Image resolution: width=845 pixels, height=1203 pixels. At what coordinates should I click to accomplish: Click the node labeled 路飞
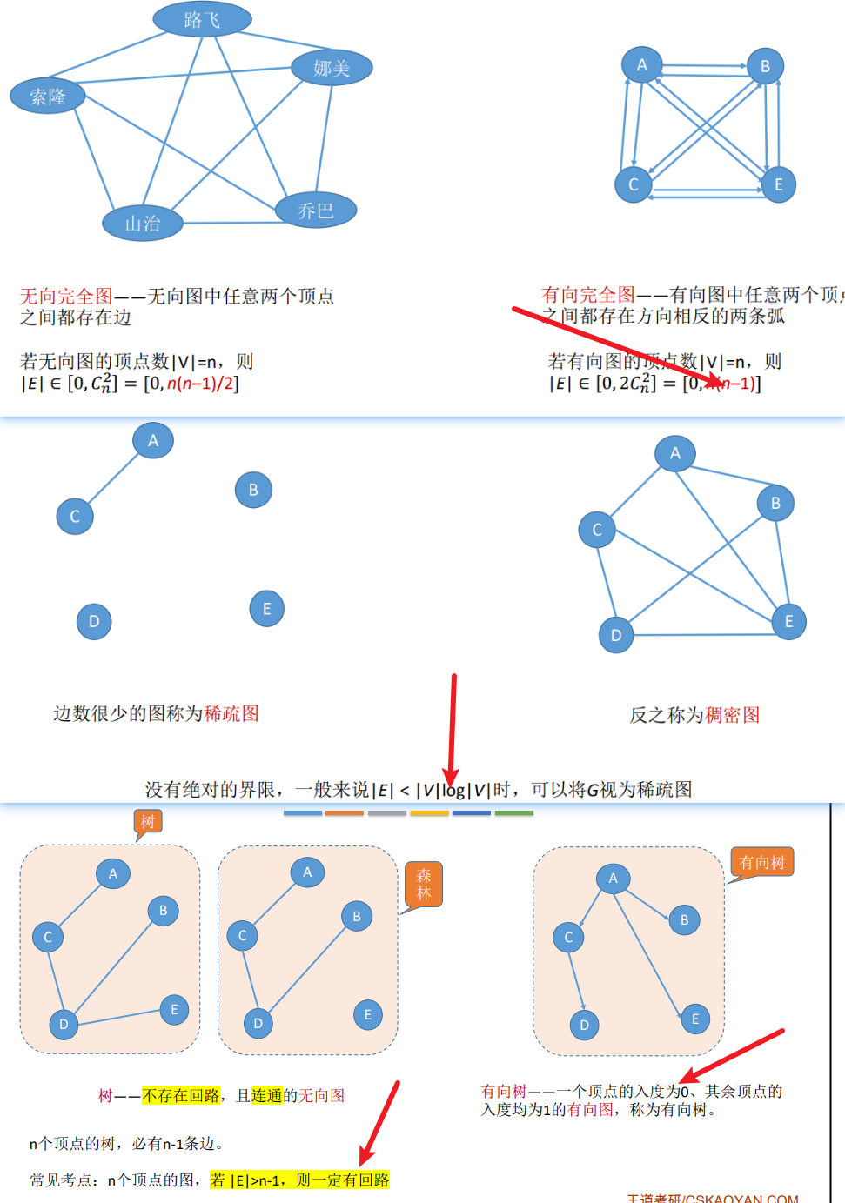click(202, 19)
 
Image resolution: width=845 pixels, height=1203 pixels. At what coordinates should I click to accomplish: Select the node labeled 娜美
click(332, 68)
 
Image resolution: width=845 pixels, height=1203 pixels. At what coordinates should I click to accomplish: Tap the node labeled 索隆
click(48, 96)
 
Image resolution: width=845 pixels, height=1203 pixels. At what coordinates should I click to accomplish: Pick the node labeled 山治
click(143, 224)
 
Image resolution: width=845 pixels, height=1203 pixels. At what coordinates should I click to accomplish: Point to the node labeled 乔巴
click(316, 210)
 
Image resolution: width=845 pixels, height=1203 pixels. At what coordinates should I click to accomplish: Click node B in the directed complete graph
click(765, 66)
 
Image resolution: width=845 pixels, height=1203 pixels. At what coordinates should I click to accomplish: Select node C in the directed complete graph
click(634, 184)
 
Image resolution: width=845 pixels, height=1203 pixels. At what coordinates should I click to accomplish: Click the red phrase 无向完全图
click(66, 297)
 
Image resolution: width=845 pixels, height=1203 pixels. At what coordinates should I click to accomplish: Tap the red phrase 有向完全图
click(588, 295)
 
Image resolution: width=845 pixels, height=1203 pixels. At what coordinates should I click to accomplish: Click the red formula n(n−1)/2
click(201, 383)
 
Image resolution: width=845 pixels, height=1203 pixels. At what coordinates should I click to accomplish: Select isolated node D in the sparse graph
click(94, 621)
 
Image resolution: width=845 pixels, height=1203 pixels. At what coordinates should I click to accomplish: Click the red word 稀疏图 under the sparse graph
click(231, 714)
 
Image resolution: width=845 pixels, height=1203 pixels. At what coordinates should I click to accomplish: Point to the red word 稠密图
click(733, 715)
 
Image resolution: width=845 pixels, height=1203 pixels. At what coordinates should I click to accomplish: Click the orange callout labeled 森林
click(424, 884)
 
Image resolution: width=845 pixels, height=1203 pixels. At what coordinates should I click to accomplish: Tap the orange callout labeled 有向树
click(761, 862)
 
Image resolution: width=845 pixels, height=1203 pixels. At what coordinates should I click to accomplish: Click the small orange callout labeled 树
click(148, 822)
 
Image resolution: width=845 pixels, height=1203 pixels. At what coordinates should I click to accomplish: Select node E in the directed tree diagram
click(694, 1019)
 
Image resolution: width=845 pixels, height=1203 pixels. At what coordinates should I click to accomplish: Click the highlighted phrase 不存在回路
click(181, 1096)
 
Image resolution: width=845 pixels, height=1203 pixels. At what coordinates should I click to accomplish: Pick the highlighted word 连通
click(267, 1096)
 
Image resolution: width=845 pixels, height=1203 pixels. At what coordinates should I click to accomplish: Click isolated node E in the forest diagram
click(367, 1014)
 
